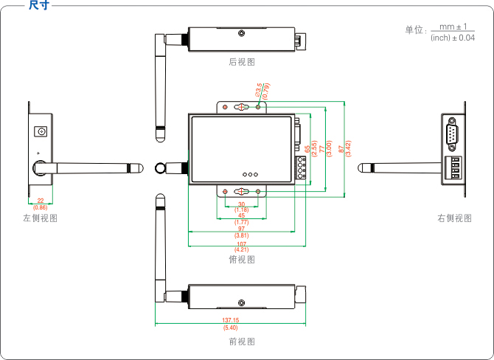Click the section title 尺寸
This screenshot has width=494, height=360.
pos(38,6)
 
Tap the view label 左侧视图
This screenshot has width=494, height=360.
pos(40,218)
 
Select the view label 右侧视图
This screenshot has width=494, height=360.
pos(454,218)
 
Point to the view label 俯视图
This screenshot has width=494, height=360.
pos(242,259)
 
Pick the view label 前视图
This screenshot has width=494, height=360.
pos(242,342)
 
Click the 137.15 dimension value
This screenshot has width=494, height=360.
pos(230,320)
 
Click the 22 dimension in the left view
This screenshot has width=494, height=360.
pos(40,201)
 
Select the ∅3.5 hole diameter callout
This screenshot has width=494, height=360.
pos(259,90)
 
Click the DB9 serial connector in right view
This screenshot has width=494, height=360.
pos(452,135)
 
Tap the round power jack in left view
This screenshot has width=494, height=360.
pos(41,131)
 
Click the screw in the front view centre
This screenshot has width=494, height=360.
pos(241,302)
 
